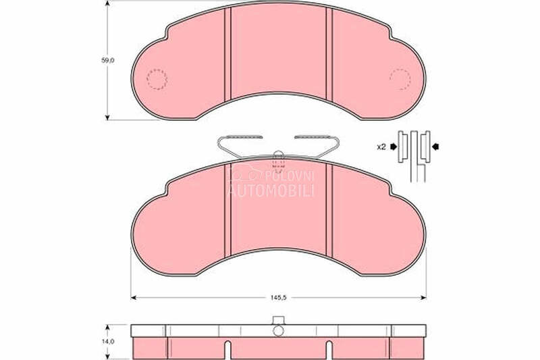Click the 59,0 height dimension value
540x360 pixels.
tap(108, 60)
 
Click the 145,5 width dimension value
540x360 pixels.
tap(278, 298)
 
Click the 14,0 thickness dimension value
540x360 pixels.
tap(108, 342)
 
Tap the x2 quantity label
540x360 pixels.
tap(381, 147)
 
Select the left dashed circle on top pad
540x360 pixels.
tap(157, 79)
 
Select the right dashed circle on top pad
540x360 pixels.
tap(400, 79)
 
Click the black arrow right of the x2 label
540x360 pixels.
tap(394, 147)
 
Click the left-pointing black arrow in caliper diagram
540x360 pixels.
tap(435, 147)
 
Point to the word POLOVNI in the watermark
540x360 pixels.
tap(290, 176)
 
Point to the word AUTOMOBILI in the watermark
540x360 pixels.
tap(271, 190)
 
